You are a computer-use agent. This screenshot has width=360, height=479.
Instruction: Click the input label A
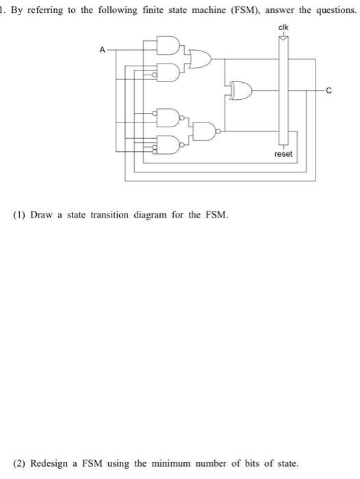(102, 49)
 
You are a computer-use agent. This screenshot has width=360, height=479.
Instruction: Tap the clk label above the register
(283, 27)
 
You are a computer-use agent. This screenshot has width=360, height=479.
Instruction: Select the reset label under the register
(283, 154)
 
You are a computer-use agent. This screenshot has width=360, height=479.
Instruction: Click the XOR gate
(242, 89)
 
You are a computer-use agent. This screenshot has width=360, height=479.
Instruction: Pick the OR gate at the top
(201, 59)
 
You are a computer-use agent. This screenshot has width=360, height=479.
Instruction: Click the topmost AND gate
(169, 47)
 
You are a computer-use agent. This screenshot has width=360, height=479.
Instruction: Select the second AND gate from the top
(169, 70)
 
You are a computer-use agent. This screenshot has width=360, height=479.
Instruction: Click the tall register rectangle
(283, 89)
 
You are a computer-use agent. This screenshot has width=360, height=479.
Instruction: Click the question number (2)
(21, 463)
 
